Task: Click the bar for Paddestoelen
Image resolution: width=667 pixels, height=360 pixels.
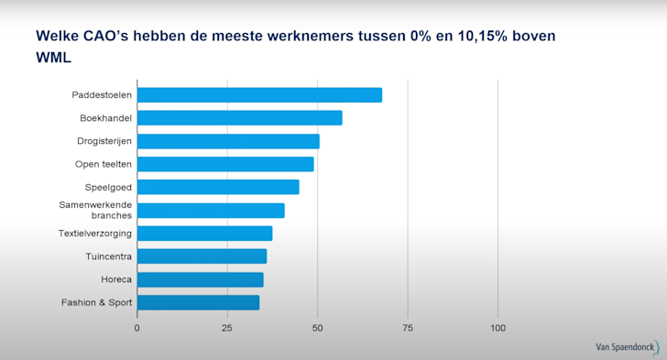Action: pyautogui.click(x=259, y=95)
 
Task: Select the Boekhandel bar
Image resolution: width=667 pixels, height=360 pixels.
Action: pyautogui.click(x=239, y=118)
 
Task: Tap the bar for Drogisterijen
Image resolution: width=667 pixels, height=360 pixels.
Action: pyautogui.click(x=228, y=141)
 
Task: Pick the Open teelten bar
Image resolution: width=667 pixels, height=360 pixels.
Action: pyautogui.click(x=225, y=164)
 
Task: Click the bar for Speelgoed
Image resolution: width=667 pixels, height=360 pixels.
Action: pyautogui.click(x=218, y=187)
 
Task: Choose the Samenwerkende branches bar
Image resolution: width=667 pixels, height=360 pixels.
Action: pyautogui.click(x=211, y=211)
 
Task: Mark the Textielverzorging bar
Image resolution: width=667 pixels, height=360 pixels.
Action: pyautogui.click(x=204, y=234)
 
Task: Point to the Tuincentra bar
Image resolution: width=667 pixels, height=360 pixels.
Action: pyautogui.click(x=202, y=256)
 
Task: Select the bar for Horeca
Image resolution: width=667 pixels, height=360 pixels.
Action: pyautogui.click(x=200, y=279)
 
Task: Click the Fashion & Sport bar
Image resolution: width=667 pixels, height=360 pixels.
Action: pyautogui.click(x=198, y=302)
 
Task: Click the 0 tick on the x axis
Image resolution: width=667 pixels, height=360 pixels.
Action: pyautogui.click(x=137, y=327)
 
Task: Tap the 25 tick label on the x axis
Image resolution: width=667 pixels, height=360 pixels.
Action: pyautogui.click(x=227, y=327)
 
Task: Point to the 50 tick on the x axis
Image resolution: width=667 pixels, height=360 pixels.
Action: pyautogui.click(x=317, y=327)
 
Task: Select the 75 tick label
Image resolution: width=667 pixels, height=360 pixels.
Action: pyautogui.click(x=408, y=327)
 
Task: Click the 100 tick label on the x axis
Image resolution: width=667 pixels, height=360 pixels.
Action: pyautogui.click(x=498, y=327)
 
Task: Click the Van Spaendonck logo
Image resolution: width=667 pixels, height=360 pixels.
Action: pyautogui.click(x=627, y=347)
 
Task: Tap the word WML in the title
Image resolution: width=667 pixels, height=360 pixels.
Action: pyautogui.click(x=54, y=58)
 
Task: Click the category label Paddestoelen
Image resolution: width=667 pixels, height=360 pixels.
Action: pyautogui.click(x=102, y=95)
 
